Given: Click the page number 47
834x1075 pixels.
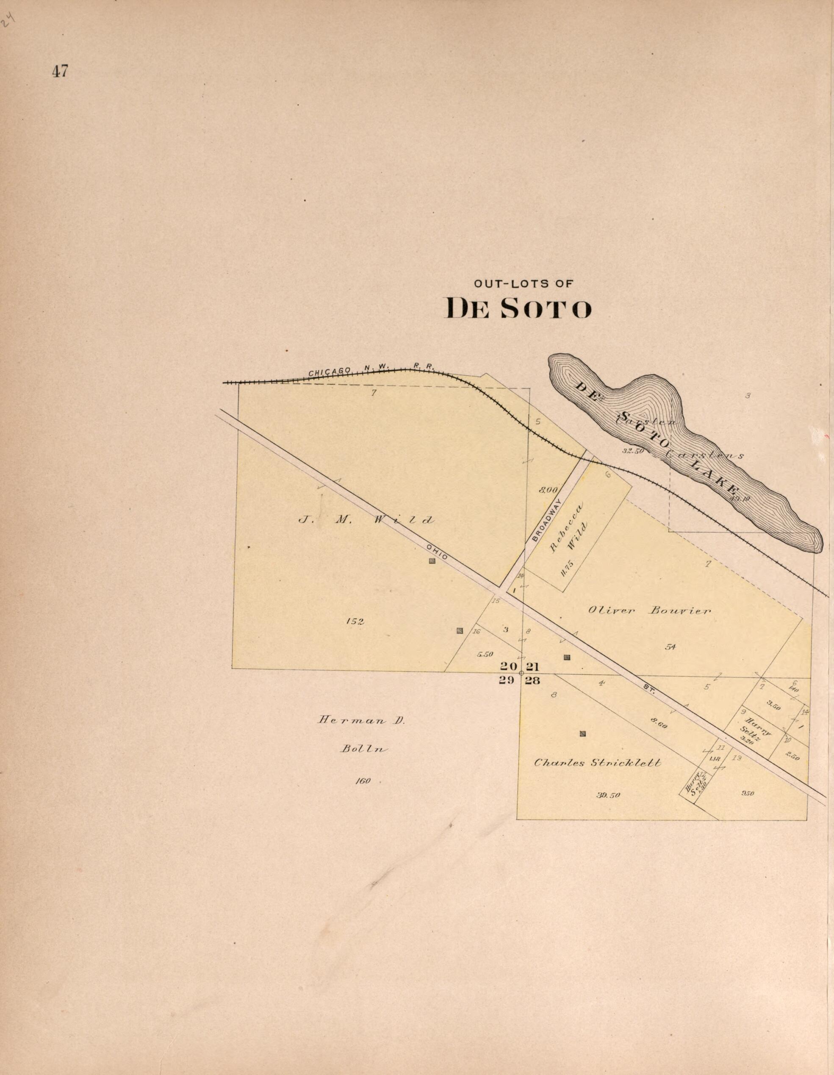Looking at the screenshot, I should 60,72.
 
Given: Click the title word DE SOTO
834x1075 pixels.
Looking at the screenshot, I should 519,309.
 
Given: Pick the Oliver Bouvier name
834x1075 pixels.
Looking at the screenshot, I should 649,611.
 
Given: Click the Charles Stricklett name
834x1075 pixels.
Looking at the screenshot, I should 598,763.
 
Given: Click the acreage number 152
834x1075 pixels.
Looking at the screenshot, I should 355,622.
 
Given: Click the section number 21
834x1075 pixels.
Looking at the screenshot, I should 533,667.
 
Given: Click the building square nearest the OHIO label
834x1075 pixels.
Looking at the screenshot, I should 432,561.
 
